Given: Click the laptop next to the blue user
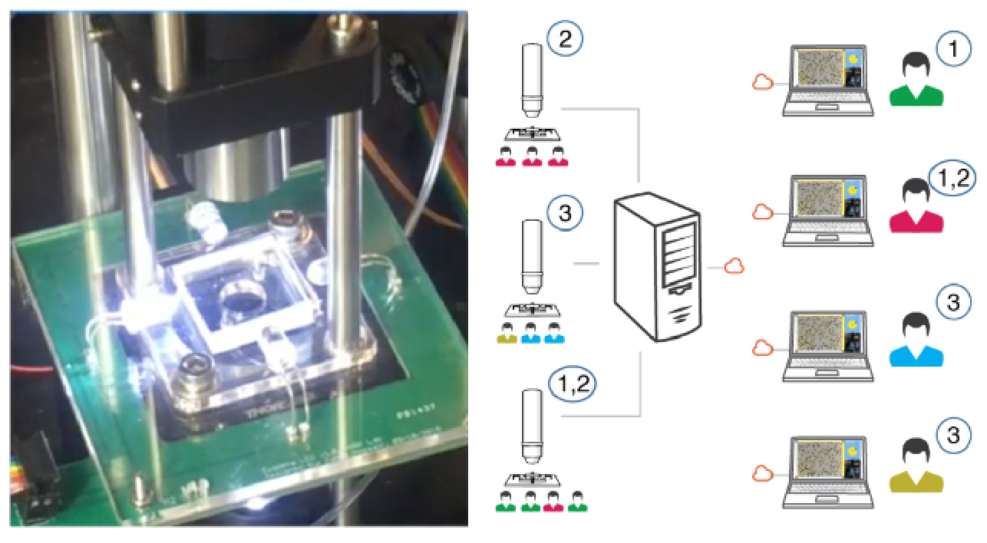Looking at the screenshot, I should point(828,344).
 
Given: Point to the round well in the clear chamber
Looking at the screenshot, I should point(241,298).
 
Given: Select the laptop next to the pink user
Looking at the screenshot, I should point(828,212).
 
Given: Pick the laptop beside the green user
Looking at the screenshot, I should point(828,81).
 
